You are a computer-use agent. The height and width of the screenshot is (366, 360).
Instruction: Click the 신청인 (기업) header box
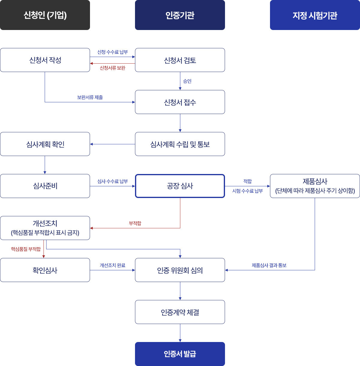coord(45,15)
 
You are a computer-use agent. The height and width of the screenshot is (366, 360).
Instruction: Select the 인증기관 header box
coord(180,15)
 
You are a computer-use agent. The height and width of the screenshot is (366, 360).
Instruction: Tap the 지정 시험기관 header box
coord(315,15)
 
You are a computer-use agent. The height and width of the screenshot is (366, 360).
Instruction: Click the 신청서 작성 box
coord(45,60)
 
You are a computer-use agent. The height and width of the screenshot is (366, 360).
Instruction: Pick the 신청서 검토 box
coord(180,60)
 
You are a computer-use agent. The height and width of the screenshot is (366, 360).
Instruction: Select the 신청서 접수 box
coord(180,102)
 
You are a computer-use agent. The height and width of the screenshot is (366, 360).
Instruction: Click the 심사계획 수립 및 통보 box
coord(180,144)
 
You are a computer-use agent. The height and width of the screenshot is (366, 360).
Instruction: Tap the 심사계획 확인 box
coord(45,144)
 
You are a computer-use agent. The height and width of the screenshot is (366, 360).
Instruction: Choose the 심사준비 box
coord(45,186)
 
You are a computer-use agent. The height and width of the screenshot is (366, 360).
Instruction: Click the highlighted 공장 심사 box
coord(180,186)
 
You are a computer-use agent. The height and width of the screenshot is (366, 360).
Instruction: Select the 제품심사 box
coord(315,186)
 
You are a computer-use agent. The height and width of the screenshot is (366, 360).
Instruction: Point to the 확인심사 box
coord(45,270)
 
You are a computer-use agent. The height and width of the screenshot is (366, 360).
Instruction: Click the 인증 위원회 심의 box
coord(180,270)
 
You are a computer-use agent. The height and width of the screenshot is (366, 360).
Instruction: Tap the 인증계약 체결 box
coord(180,312)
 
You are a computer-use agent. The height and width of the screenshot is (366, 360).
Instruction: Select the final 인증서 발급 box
coord(180,354)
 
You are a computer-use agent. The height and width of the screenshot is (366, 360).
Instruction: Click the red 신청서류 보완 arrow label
coord(112,68)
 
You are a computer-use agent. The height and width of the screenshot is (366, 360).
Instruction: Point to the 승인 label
coord(187,81)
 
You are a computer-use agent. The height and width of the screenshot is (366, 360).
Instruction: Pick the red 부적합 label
coord(135,223)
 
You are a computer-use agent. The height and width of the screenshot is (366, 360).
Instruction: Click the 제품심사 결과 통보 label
coord(269,265)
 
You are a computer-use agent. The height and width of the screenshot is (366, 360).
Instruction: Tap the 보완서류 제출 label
coord(90,97)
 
